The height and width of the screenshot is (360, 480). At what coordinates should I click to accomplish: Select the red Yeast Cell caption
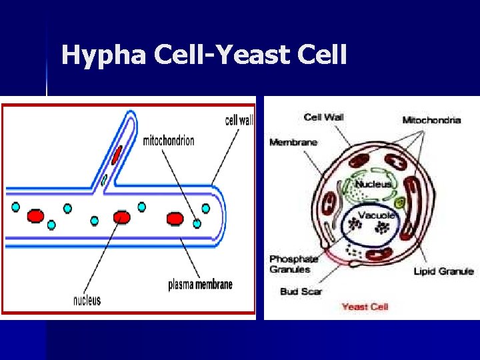click(x=364, y=307)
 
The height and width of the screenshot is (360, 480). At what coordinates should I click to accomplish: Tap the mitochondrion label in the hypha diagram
click(x=169, y=141)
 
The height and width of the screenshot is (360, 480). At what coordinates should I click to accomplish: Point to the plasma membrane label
click(x=200, y=285)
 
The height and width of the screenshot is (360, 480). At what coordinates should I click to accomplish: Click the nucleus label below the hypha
click(x=87, y=300)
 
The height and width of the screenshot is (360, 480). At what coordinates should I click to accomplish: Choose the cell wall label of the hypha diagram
click(x=239, y=121)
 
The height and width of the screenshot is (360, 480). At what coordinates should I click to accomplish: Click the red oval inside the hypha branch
click(x=117, y=155)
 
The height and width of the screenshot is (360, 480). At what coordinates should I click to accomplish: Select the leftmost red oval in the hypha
click(x=35, y=216)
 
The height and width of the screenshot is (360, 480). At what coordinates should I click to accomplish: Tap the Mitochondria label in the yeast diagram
click(x=431, y=120)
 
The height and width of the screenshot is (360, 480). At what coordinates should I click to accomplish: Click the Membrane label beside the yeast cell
click(x=293, y=142)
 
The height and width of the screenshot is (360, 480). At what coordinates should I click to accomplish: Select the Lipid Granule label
click(x=443, y=271)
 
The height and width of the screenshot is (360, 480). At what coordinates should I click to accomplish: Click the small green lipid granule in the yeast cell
click(x=400, y=203)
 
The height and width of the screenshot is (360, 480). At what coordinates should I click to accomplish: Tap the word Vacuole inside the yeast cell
click(x=377, y=215)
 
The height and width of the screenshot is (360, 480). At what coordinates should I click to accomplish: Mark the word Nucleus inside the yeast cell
click(x=373, y=184)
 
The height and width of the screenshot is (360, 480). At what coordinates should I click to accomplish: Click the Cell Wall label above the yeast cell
click(x=323, y=117)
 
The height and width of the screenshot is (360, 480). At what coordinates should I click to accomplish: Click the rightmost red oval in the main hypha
click(x=175, y=218)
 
